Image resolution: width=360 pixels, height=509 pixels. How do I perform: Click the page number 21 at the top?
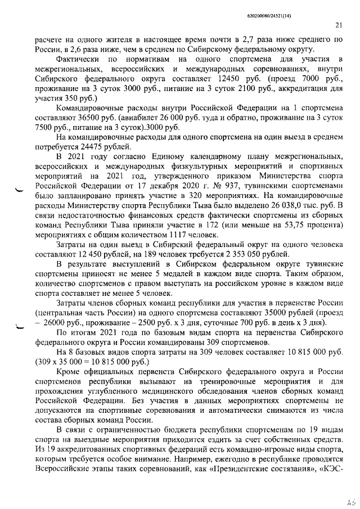tap(339, 25)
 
